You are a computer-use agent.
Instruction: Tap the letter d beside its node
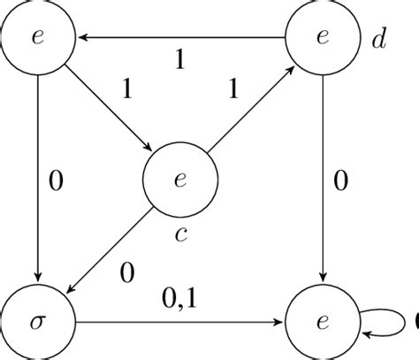pyautogui.click(x=378, y=40)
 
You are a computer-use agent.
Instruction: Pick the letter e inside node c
pyautogui.click(x=179, y=180)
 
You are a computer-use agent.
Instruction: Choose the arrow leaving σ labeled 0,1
pyautogui.click(x=179, y=321)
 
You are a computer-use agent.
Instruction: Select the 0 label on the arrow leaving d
pyautogui.click(x=340, y=182)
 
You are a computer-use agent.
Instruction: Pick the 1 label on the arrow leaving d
pyautogui.click(x=180, y=59)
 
